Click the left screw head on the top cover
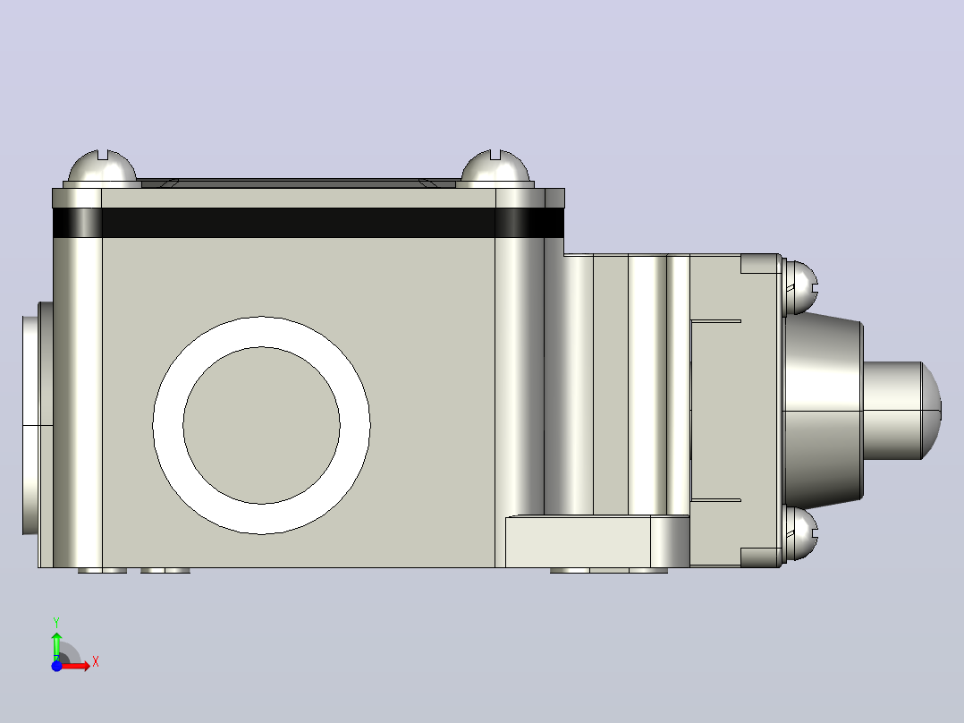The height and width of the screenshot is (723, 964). [102, 167]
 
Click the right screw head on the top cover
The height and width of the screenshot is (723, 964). [495, 167]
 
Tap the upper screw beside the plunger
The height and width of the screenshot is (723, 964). [800, 287]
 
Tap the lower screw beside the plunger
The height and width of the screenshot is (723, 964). [800, 533]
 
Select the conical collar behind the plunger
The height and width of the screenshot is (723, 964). [824, 411]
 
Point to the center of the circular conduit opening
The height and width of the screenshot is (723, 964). [261, 425]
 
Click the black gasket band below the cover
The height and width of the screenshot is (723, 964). [309, 223]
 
